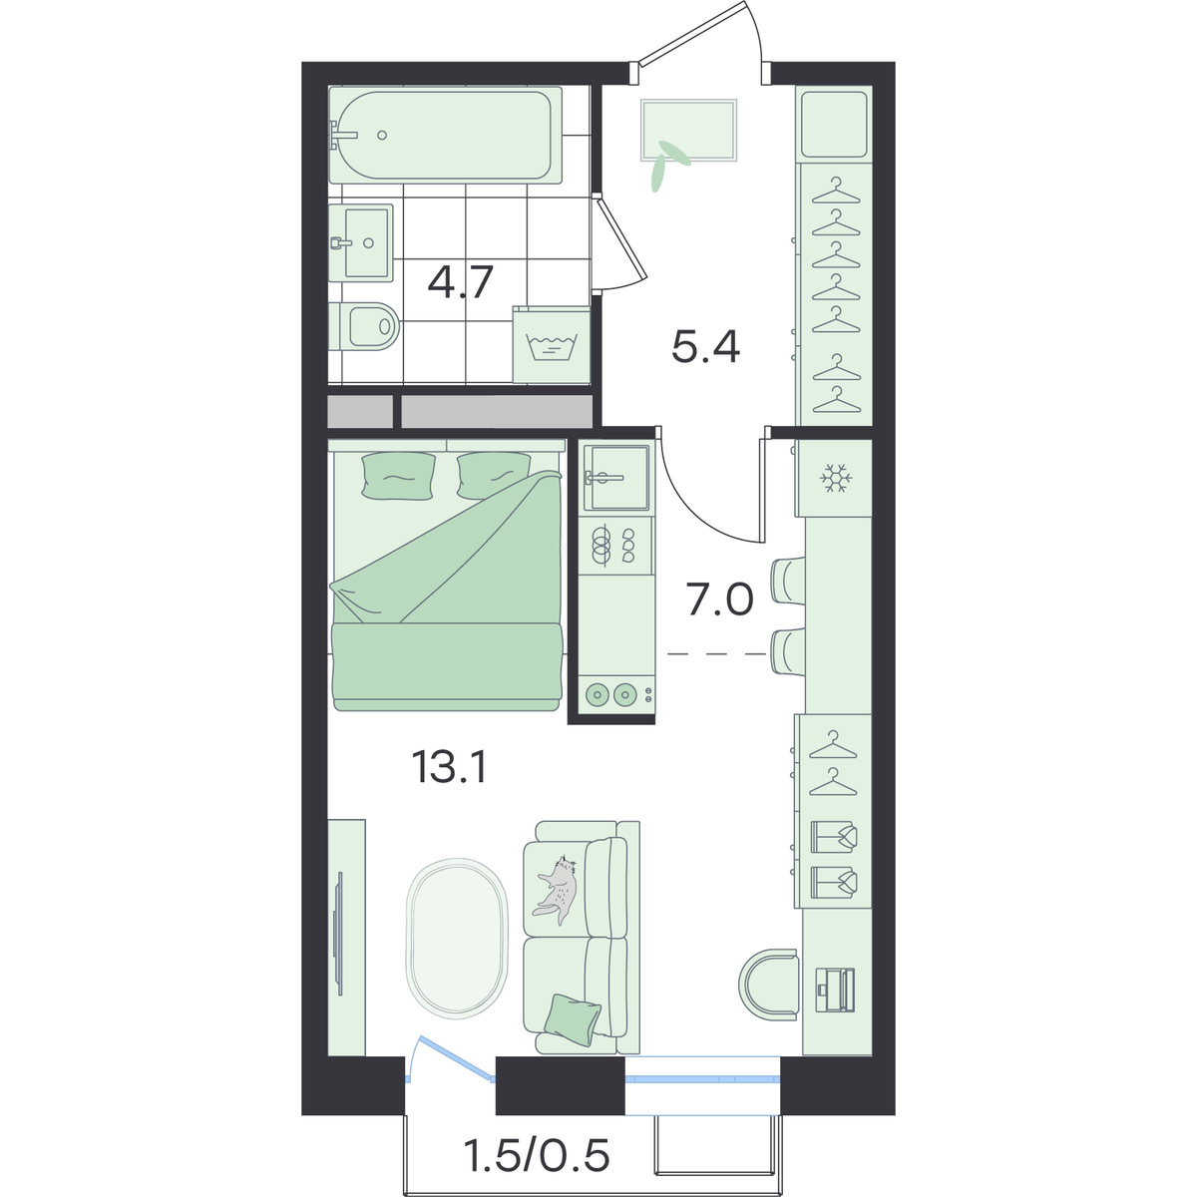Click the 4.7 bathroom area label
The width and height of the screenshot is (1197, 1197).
[460, 282]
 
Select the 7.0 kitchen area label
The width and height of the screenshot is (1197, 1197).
[720, 598]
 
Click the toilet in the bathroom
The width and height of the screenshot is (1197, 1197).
[365, 326]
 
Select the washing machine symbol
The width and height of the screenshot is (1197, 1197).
[552, 346]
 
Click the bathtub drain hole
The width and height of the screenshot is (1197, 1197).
[382, 135]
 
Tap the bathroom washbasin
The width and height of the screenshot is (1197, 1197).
[360, 242]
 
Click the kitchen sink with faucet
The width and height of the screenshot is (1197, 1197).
[615, 477]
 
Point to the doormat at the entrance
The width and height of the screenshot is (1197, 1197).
[689, 130]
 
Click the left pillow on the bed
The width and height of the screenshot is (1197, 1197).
[398, 475]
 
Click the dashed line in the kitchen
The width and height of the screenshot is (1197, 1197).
[717, 653]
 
